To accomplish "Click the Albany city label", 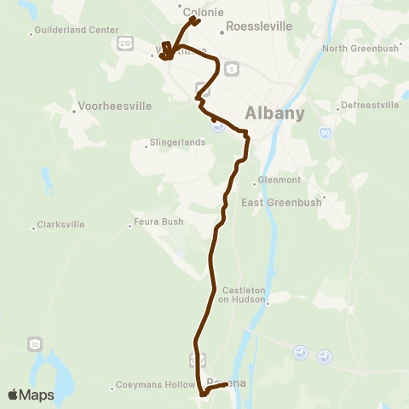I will coord(274,112).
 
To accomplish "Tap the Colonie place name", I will coord(203,13).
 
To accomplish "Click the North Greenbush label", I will coord(360,48).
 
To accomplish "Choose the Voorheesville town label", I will coord(115,107).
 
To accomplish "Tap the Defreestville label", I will coord(369,105).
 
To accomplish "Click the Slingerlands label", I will coord(177,142).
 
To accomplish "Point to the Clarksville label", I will coord(60,226).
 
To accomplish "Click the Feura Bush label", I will coord(159,223).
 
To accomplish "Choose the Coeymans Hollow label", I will coord(151,386).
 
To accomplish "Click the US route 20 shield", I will coord(125,42).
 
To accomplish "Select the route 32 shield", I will coord(34,343).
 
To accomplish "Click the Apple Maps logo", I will coord(31,395).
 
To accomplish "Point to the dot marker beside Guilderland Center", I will coord(32,34).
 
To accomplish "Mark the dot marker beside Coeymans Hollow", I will coord(112,389).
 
